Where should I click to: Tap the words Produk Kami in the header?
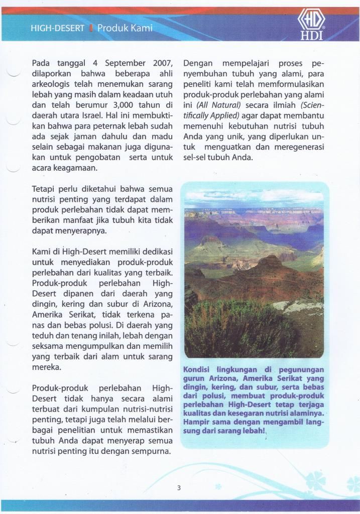125,28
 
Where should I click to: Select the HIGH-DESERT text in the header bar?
57,29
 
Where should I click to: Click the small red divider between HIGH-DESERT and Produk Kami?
90,29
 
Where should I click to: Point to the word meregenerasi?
300,147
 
